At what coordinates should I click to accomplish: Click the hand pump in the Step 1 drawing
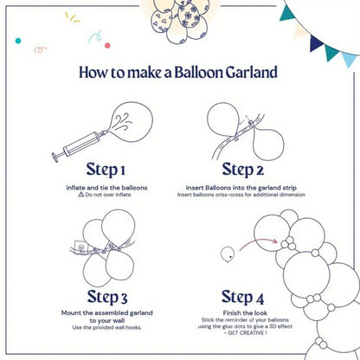point(76,140)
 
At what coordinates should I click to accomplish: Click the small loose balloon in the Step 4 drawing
point(228,253)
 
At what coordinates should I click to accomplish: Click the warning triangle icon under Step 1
point(82,195)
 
